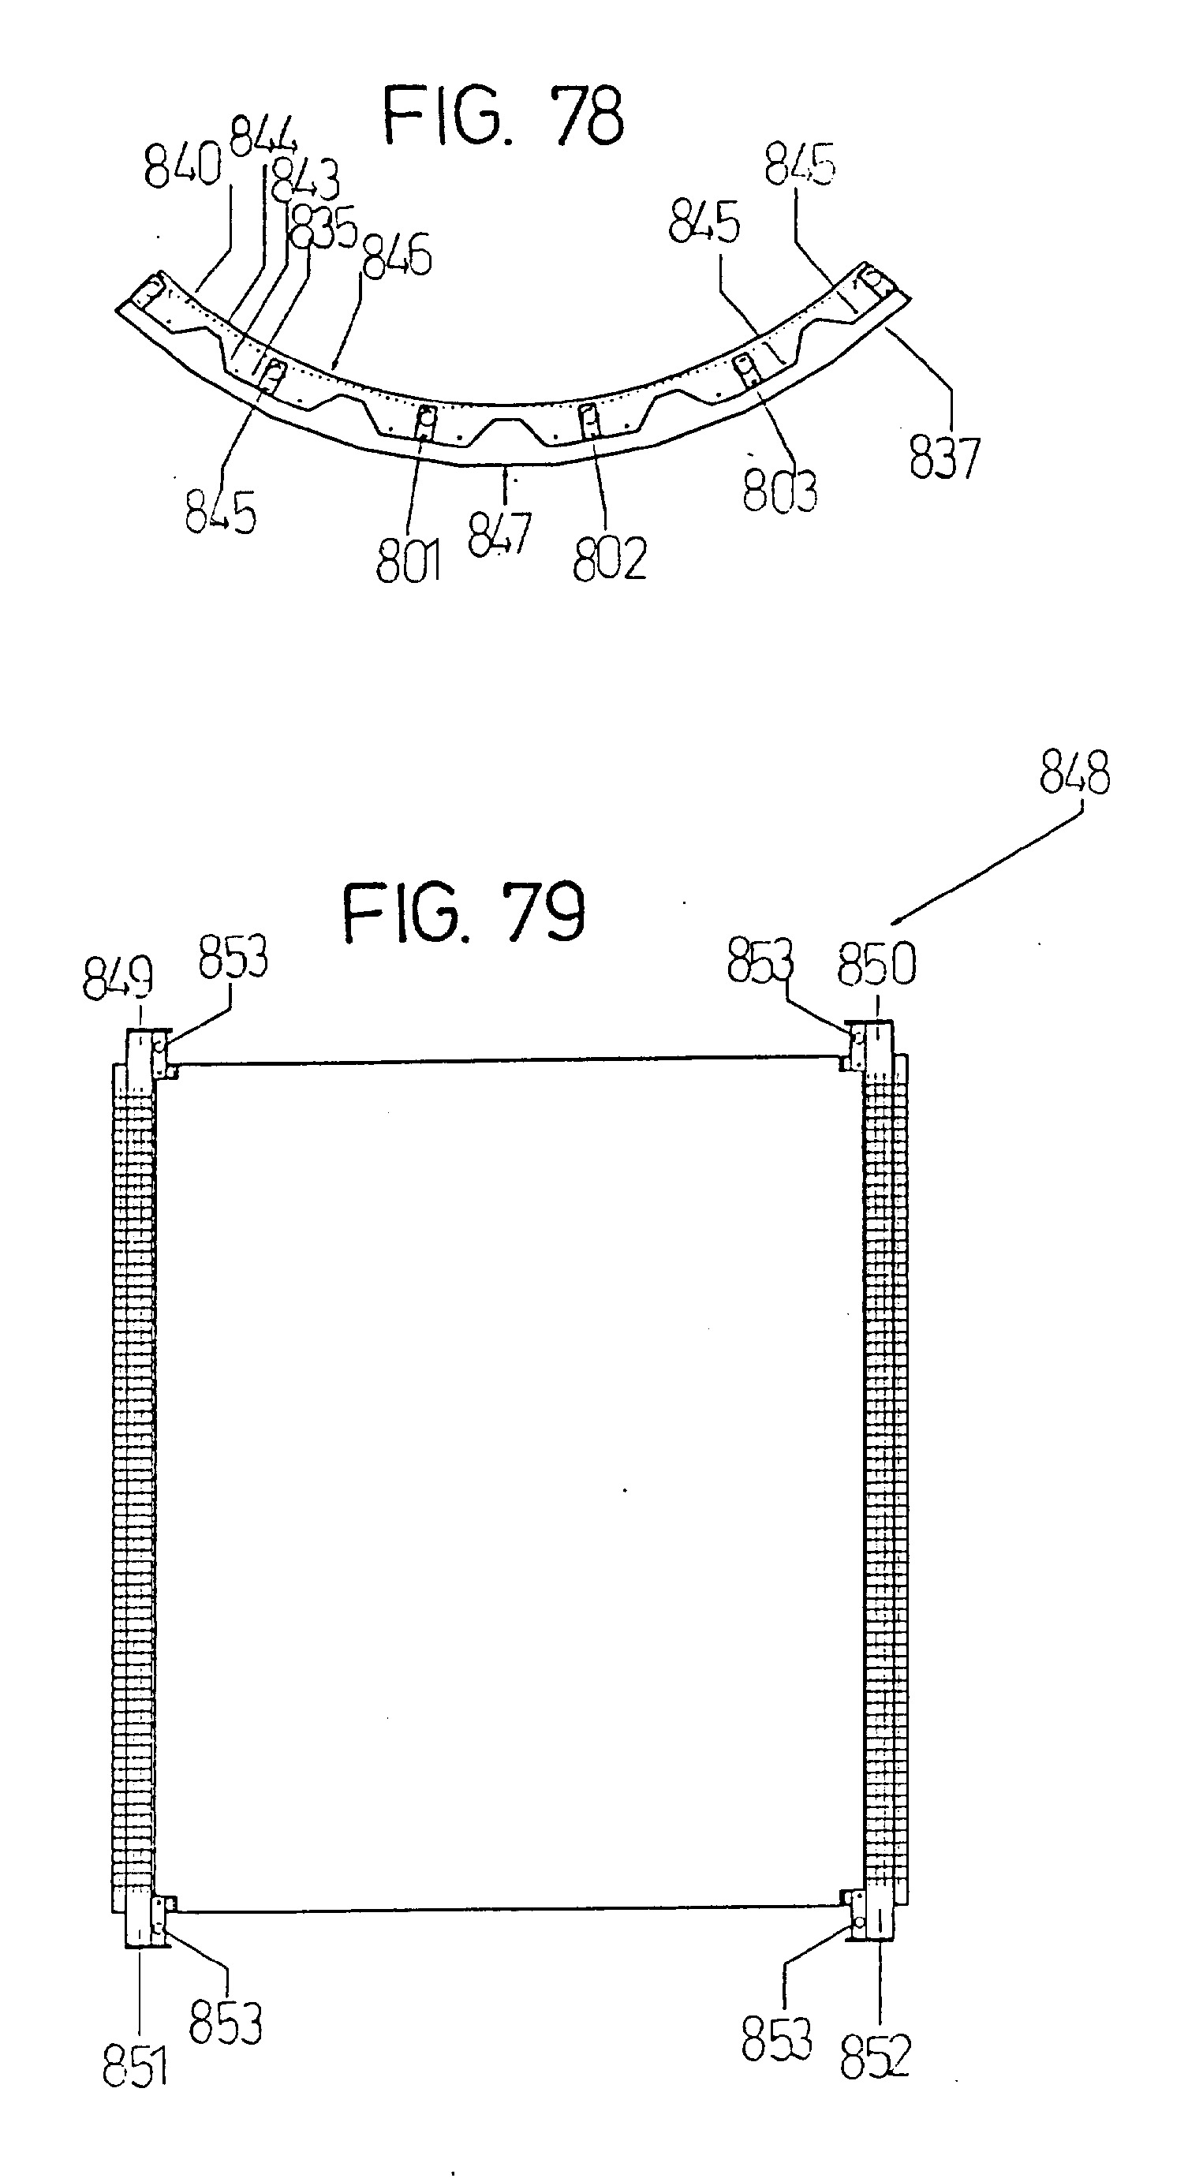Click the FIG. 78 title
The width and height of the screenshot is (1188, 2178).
tap(504, 116)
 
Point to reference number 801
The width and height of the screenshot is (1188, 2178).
tap(409, 560)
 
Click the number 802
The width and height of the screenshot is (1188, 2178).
tap(610, 557)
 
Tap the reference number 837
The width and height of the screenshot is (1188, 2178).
tap(944, 458)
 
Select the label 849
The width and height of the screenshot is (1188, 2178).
tap(118, 979)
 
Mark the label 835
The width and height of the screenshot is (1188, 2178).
tap(324, 227)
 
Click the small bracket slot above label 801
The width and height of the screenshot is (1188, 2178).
tap(426, 421)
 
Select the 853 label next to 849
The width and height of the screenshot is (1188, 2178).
tap(233, 958)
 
